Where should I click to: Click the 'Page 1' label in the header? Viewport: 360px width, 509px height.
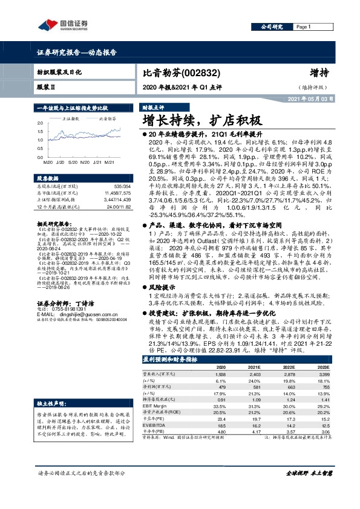click(x=303, y=27)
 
